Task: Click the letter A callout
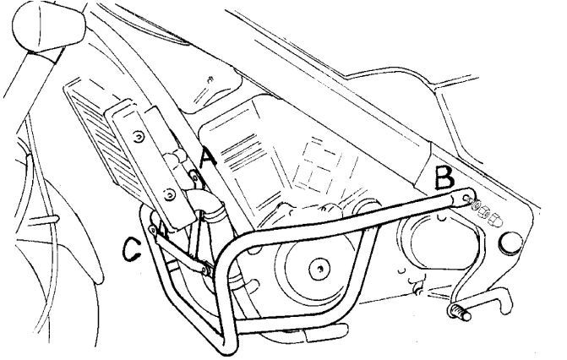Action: point(208,159)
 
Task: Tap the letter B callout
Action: point(444,177)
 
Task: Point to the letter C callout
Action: point(131,248)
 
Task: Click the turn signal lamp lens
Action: point(49,25)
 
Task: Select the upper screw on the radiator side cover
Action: point(139,137)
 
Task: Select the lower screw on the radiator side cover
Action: point(169,195)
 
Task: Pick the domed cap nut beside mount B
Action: point(494,219)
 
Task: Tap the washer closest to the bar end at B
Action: point(475,205)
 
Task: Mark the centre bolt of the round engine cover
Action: point(319,270)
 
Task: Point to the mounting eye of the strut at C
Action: point(153,230)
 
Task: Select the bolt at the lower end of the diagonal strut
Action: point(206,270)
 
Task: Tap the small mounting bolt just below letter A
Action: point(195,177)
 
